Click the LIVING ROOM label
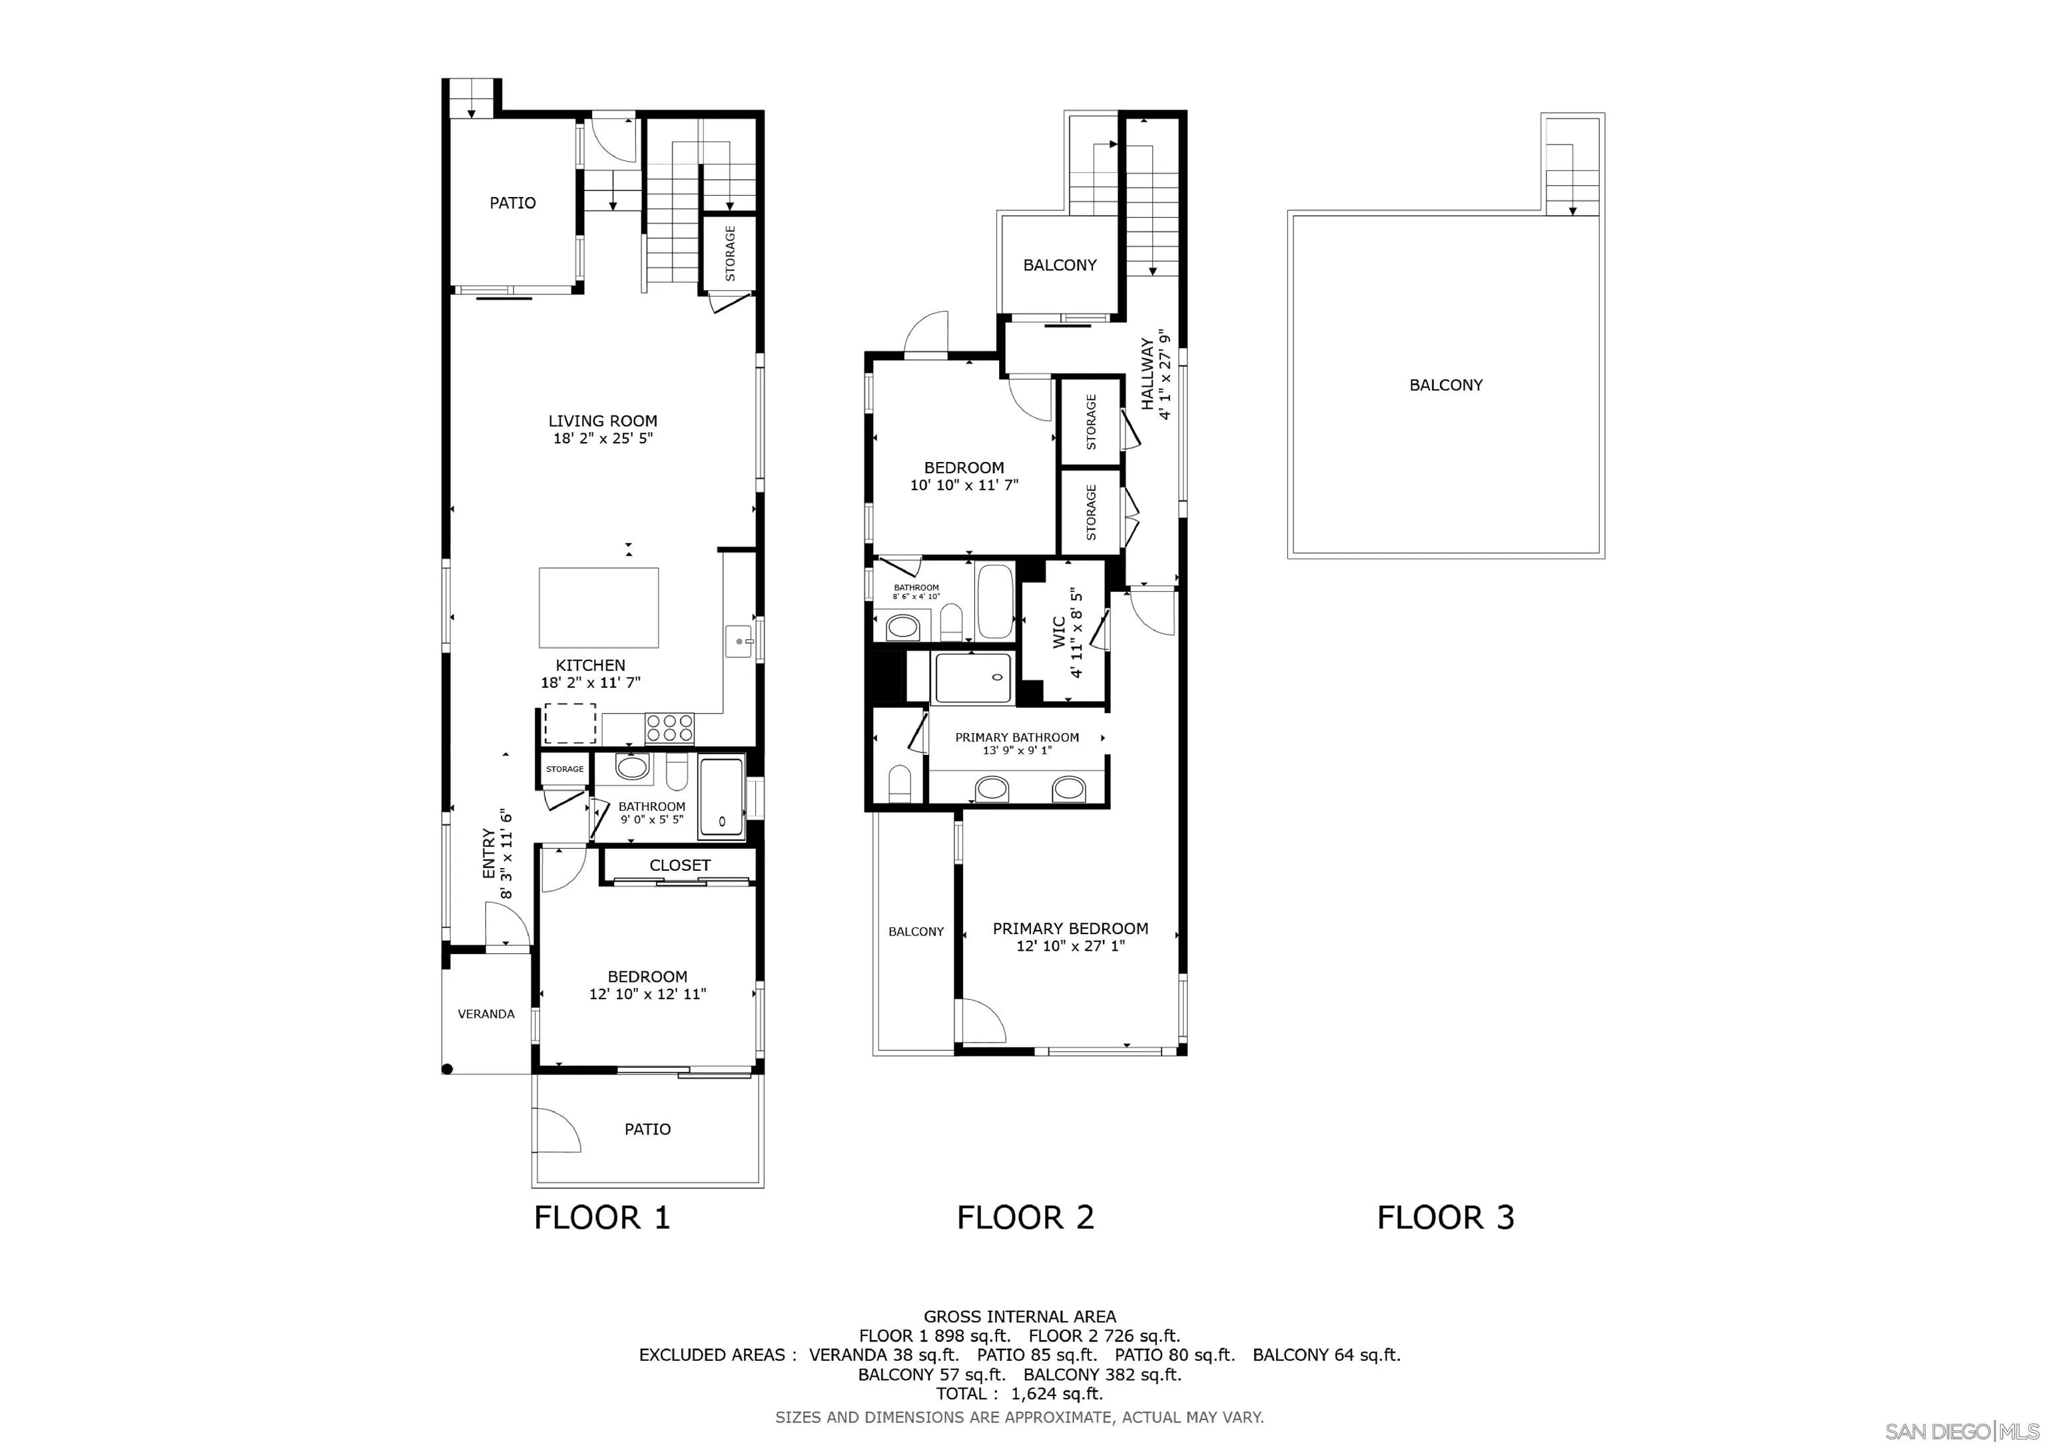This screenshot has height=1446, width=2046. (x=602, y=421)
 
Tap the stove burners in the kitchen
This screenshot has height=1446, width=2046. (x=669, y=728)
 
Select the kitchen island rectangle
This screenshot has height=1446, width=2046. (x=599, y=608)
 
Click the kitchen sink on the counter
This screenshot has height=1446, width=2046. (x=741, y=640)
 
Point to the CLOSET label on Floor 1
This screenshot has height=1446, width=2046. (x=680, y=865)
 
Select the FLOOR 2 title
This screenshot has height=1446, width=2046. (x=1025, y=1217)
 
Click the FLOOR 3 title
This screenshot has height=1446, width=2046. (x=1445, y=1217)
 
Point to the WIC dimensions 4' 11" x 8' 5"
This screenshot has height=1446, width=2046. (x=1078, y=634)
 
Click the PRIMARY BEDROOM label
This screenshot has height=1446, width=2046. (x=1070, y=928)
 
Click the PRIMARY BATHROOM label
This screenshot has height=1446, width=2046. (x=1017, y=738)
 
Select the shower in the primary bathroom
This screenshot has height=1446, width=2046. (x=973, y=677)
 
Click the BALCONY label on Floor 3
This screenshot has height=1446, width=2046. (x=1445, y=385)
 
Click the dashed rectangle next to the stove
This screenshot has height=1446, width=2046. (x=569, y=724)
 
